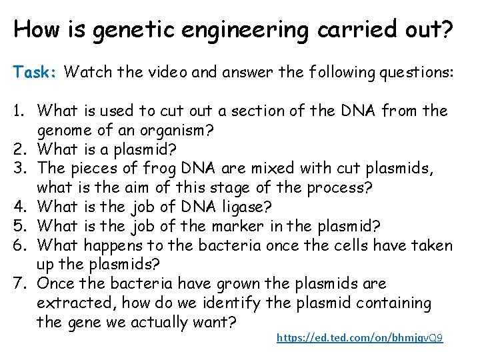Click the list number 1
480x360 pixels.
pyautogui.click(x=21, y=109)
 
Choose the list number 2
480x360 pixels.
pyautogui.click(x=21, y=148)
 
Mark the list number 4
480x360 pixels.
pyautogui.click(x=21, y=206)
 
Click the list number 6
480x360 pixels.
pyautogui.click(x=21, y=245)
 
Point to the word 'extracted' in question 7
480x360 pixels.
pyautogui.click(x=71, y=303)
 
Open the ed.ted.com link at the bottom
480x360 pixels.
pyautogui.click(x=359, y=338)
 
